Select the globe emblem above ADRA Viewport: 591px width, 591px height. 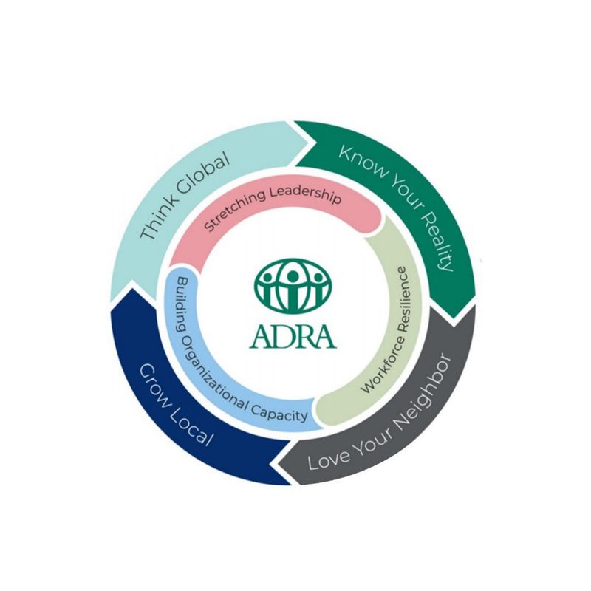(293, 285)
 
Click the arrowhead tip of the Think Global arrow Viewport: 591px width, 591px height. (316, 143)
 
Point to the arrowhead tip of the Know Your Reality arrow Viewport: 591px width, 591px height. (453, 318)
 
